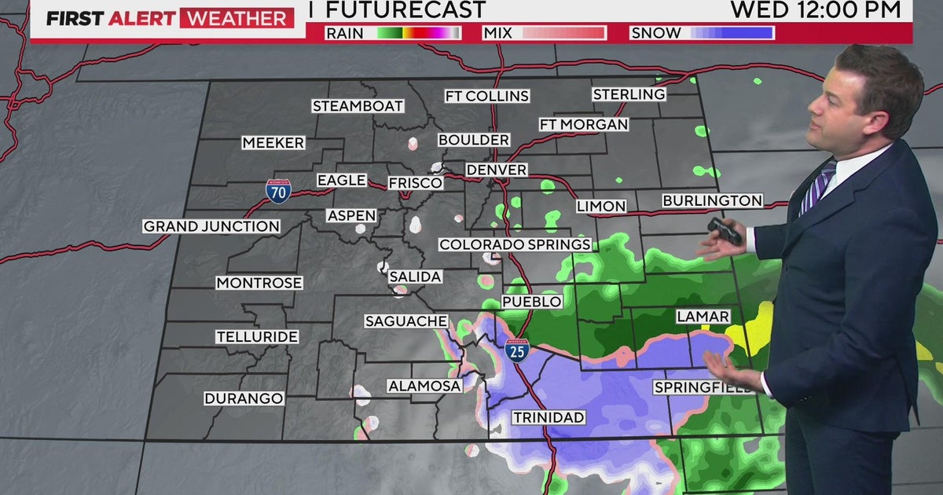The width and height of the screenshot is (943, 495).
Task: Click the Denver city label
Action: click(496, 170)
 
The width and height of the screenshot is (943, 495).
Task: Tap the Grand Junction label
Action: click(211, 226)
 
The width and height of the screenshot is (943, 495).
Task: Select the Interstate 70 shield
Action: click(278, 191)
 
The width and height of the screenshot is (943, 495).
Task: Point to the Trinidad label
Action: click(549, 417)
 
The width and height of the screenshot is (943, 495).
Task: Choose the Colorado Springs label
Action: click(515, 244)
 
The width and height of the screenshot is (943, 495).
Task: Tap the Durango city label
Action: click(244, 398)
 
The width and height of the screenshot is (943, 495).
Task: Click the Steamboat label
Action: click(358, 105)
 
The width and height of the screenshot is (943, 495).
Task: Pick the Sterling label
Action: click(629, 94)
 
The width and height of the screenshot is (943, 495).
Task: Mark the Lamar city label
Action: click(703, 317)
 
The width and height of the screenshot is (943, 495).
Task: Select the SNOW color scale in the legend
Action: click(731, 33)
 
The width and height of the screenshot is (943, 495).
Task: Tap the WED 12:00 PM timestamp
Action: click(815, 10)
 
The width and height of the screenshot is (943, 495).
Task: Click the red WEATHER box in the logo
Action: click(237, 18)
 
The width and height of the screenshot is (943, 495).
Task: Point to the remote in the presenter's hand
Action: click(725, 230)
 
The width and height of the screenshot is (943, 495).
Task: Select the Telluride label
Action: click(257, 336)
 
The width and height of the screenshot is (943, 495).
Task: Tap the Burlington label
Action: click(712, 200)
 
